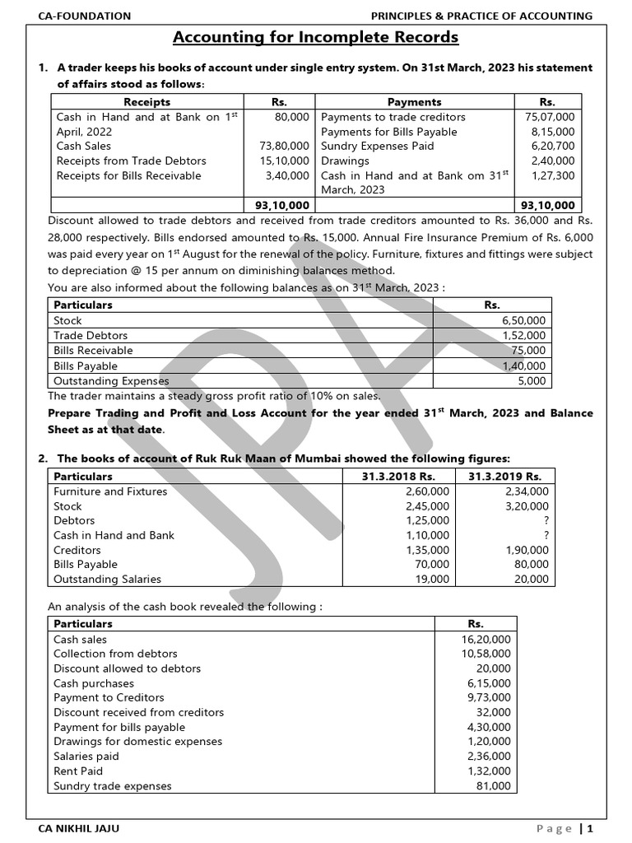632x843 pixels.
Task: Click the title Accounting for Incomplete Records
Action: pos(315,38)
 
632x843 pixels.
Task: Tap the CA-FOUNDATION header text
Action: pos(85,15)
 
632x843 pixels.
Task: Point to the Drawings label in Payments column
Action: pos(345,161)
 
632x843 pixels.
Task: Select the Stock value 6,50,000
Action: pos(523,320)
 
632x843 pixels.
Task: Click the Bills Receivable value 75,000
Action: pos(528,351)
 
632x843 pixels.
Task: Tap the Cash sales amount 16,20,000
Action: pos(489,640)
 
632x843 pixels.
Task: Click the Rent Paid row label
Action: pos(78,771)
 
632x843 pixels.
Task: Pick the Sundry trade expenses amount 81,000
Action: pos(494,786)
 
